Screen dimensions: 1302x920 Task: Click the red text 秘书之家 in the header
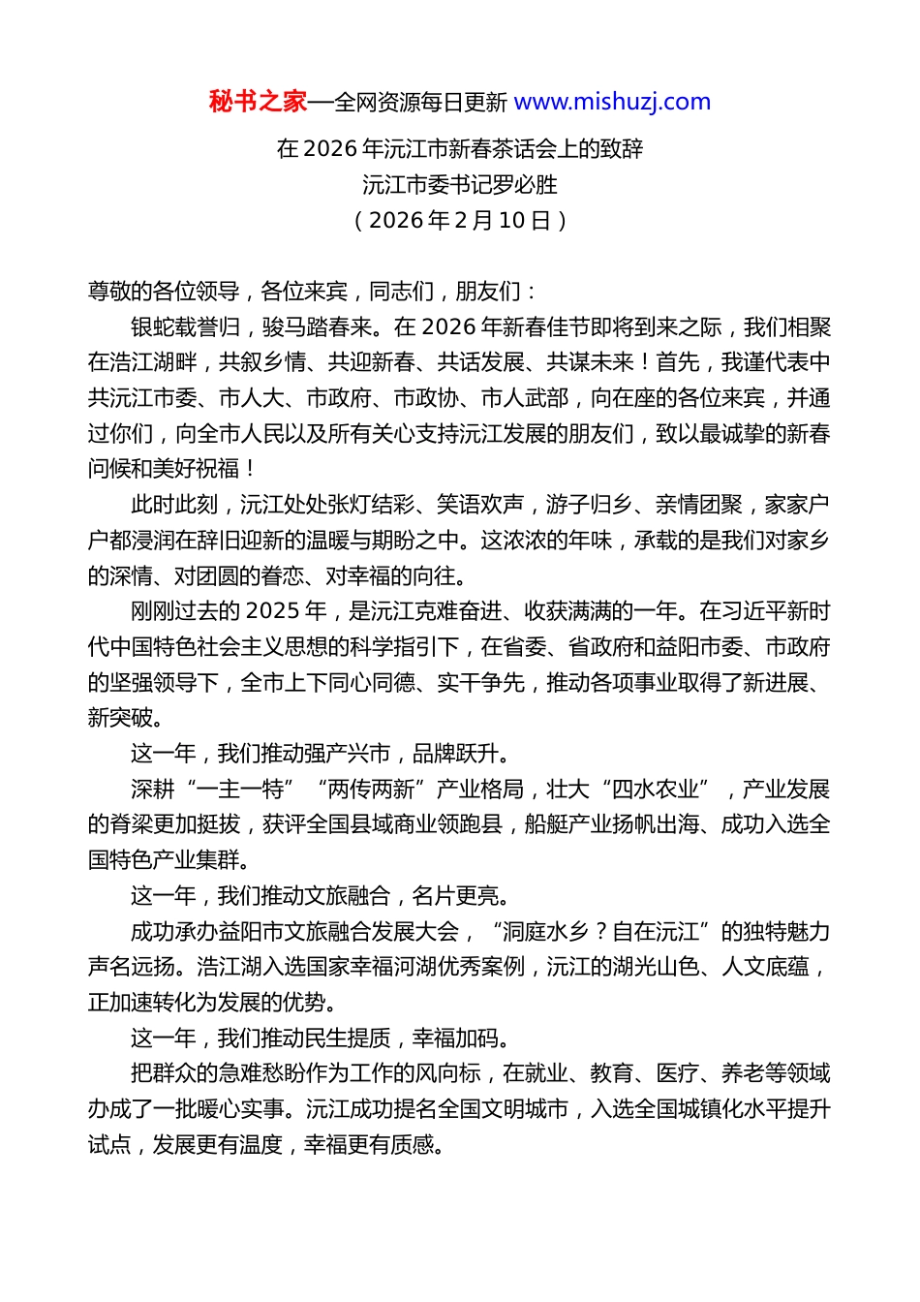tap(258, 102)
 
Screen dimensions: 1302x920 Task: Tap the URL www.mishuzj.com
tap(612, 102)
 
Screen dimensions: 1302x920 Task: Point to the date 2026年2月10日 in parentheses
tap(460, 220)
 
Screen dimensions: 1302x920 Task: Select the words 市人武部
tap(525, 398)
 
